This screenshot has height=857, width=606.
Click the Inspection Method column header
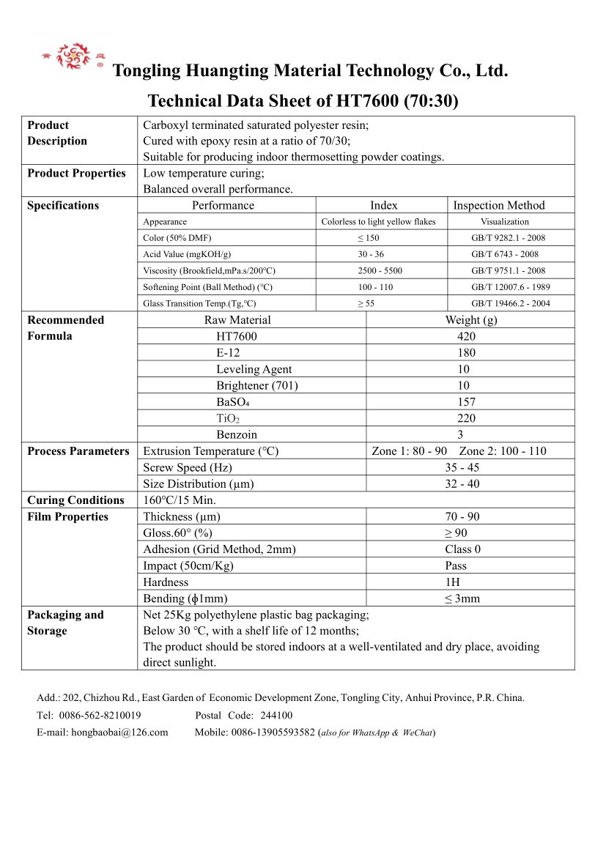[499, 206]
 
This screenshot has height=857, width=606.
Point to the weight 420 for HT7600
[466, 337]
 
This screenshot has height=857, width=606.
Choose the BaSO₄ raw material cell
[233, 402]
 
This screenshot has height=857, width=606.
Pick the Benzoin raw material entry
[237, 434]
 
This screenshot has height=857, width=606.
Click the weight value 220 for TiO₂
[466, 418]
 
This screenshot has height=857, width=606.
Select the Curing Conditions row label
[75, 500]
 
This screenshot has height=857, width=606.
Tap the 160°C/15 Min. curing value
[180, 500]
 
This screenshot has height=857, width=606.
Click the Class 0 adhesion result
[462, 549]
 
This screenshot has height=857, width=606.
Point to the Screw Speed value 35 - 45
[462, 467]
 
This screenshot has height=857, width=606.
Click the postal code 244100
[276, 716]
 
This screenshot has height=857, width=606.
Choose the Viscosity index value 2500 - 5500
[380, 271]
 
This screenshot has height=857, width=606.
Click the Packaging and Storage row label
[65, 623]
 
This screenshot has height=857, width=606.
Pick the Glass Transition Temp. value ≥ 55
[366, 303]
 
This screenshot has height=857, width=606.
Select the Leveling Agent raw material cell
[254, 369]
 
